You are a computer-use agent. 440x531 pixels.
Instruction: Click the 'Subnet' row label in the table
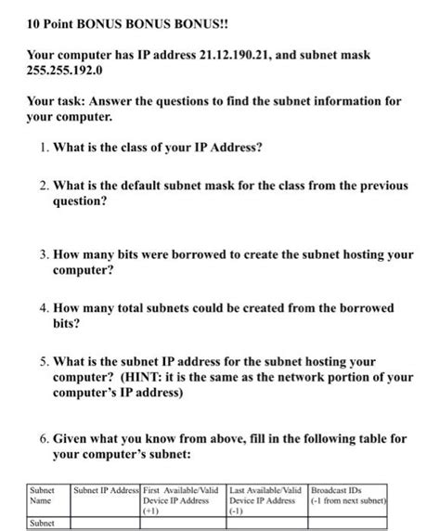click(x=41, y=524)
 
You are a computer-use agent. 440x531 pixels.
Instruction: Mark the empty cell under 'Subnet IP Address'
click(x=105, y=524)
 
